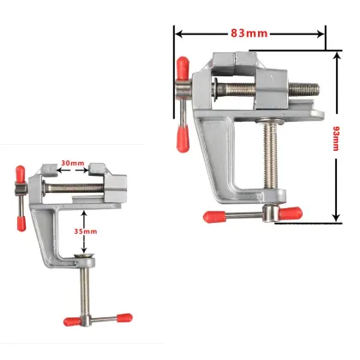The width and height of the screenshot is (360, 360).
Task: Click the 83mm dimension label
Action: [249, 33]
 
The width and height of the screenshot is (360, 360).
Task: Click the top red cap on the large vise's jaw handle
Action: [182, 65]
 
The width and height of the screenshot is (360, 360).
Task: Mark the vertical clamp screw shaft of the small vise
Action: [86, 287]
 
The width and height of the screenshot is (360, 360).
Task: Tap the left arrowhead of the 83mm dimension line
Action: [178, 33]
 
